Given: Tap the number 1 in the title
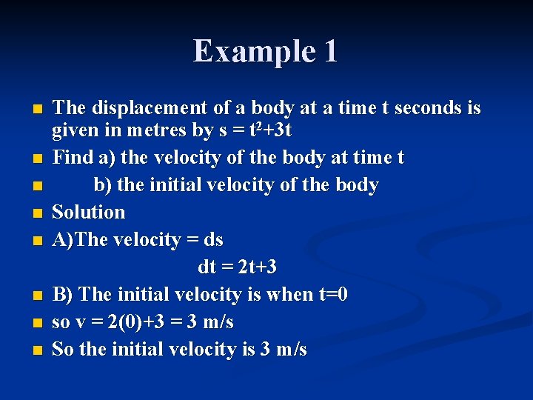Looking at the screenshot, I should pos(329,51).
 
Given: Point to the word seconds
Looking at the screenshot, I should pos(429,108).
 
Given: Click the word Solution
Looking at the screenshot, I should pos(88,212).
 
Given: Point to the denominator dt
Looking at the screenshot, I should pos(207,267).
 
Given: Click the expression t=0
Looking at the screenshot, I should pos(332,294).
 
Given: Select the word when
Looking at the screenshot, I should pos(289,294).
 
